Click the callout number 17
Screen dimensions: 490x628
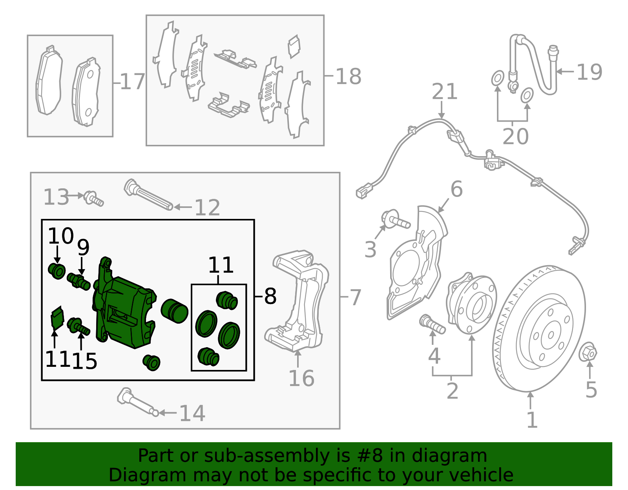point(132,82)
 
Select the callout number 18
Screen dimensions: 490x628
point(348,76)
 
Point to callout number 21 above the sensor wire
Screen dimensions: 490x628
point(445,92)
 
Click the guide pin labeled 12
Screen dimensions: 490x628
point(149,195)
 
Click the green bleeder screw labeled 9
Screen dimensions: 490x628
point(79,281)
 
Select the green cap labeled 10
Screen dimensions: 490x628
point(57,271)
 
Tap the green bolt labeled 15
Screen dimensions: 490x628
point(78,327)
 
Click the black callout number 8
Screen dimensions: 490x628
point(270,296)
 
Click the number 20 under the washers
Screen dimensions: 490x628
point(515,136)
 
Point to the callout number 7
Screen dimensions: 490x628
point(355,297)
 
